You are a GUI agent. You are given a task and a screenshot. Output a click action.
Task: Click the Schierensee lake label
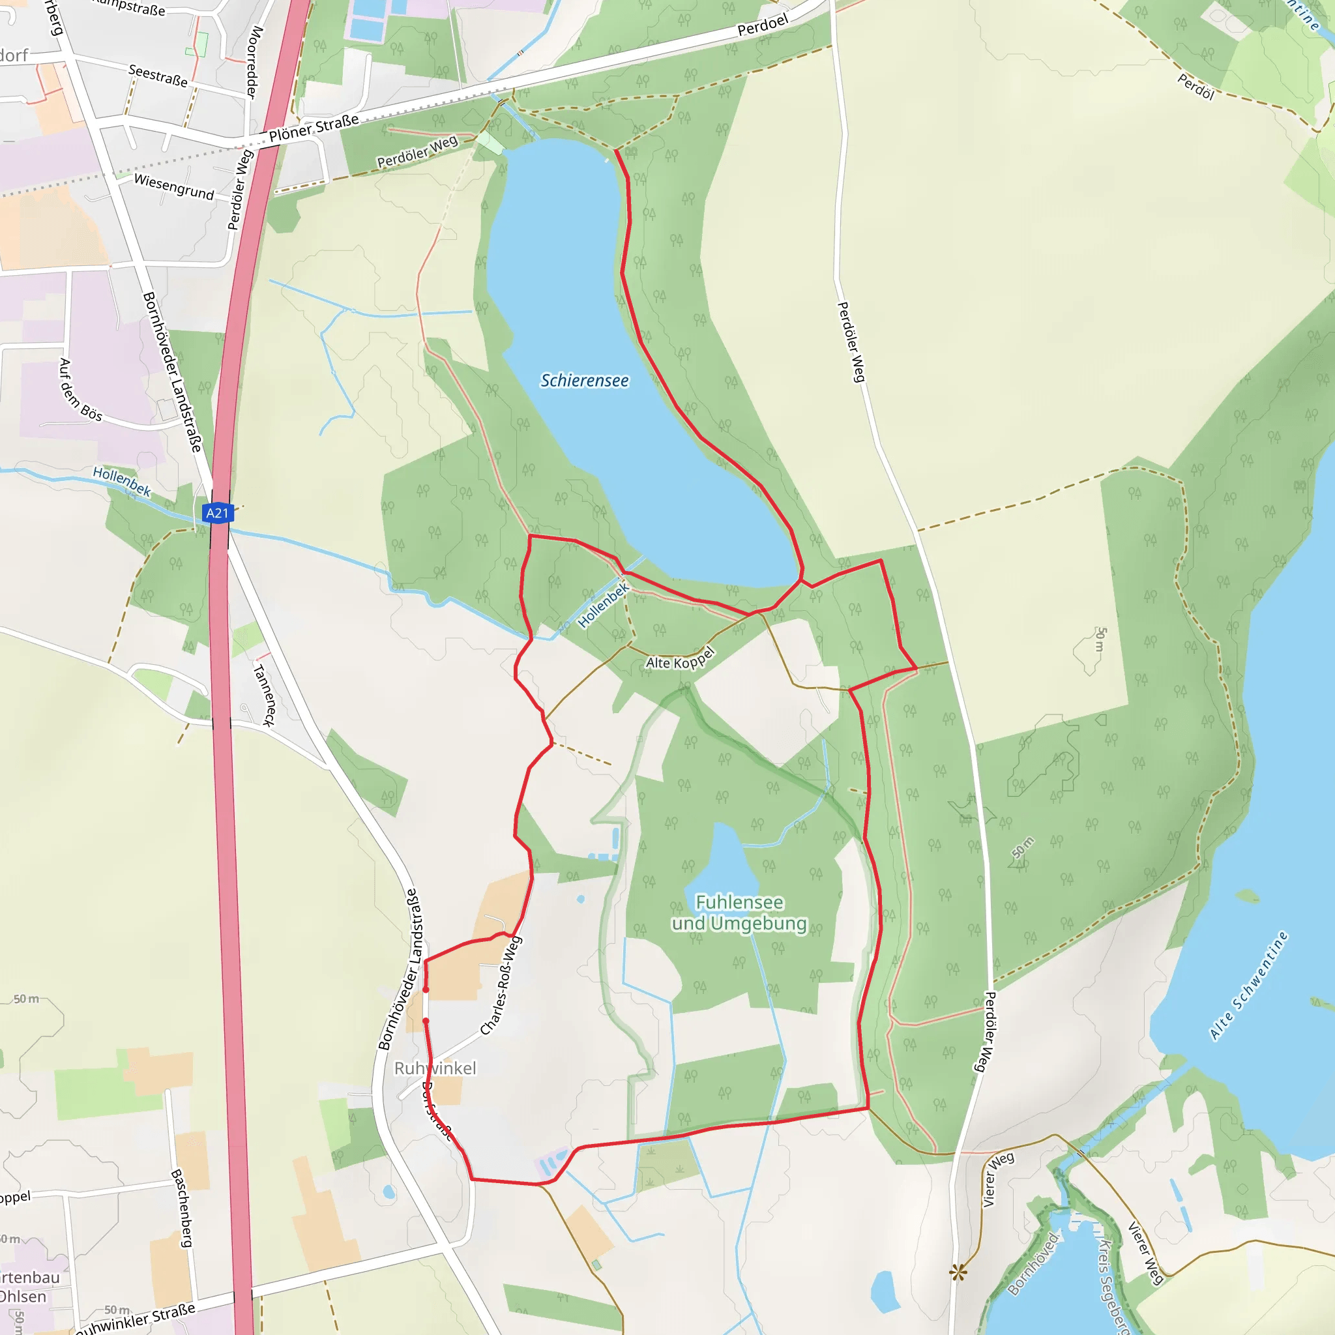[x=585, y=381]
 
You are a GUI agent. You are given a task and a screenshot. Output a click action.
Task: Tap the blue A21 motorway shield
[x=218, y=513]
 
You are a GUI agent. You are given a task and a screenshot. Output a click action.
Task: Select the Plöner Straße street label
[x=314, y=128]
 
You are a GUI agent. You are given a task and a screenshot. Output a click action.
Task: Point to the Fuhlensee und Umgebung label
[x=739, y=913]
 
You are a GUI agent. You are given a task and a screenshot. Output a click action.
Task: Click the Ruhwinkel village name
[x=435, y=1068]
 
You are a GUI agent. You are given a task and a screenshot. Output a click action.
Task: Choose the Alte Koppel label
[x=680, y=659]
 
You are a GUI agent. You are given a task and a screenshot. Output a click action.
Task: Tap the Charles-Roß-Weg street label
[x=502, y=986]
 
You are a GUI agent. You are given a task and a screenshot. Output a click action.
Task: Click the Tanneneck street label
[x=264, y=694]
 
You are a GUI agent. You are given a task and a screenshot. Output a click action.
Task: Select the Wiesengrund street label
[x=174, y=186]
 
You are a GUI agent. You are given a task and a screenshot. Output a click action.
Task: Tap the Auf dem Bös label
[x=80, y=390]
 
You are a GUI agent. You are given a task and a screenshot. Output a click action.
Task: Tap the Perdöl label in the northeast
[x=1196, y=87]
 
